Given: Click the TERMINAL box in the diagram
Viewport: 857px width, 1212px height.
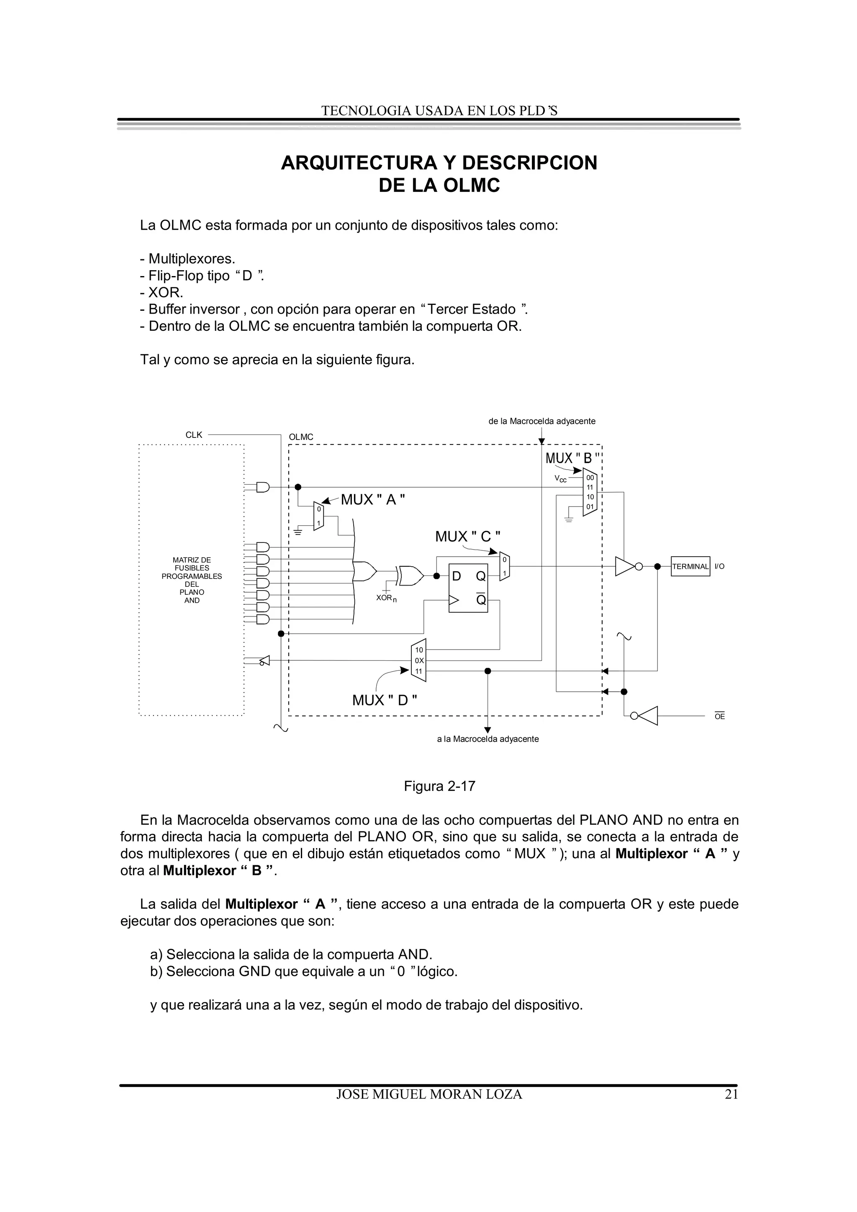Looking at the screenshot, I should (690, 566).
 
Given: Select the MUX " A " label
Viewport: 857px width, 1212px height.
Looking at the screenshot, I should (373, 499).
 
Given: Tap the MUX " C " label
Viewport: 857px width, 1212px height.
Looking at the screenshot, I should (467, 537).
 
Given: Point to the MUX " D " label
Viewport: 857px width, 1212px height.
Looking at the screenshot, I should (385, 701).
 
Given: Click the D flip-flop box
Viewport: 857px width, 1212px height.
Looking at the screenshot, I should (468, 588).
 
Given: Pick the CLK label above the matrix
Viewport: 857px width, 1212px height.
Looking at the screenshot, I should (194, 435).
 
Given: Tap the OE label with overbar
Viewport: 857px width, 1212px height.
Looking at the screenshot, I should (719, 716).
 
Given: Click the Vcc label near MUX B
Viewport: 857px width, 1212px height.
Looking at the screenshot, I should (560, 479).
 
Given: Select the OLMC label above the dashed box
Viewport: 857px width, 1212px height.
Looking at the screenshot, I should (301, 437).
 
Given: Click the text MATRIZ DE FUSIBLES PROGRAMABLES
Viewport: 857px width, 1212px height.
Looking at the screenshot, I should (192, 568).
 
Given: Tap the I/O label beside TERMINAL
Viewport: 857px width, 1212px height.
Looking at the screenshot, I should (719, 566).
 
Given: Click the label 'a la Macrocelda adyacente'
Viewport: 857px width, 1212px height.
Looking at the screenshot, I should (488, 739).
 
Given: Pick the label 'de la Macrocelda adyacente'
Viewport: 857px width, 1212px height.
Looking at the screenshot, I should (542, 421).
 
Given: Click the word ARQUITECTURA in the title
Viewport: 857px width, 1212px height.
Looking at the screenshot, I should (359, 163).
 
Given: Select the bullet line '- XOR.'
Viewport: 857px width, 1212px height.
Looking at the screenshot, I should (162, 292).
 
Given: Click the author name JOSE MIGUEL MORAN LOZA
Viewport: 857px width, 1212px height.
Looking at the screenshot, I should (429, 1094).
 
